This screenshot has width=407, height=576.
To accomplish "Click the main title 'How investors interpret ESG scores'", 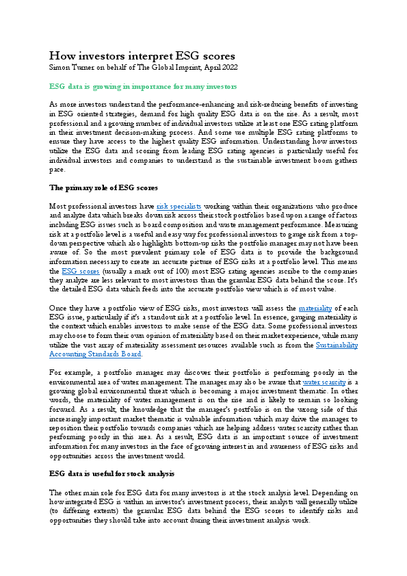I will [142, 55].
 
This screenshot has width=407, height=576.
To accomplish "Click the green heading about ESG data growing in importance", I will [144, 87].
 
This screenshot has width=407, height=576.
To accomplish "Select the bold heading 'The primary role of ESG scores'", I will [105, 187].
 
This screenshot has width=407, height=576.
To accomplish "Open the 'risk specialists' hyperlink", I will [179, 205].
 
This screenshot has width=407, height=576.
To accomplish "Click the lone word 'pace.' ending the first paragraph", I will [58, 168].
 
